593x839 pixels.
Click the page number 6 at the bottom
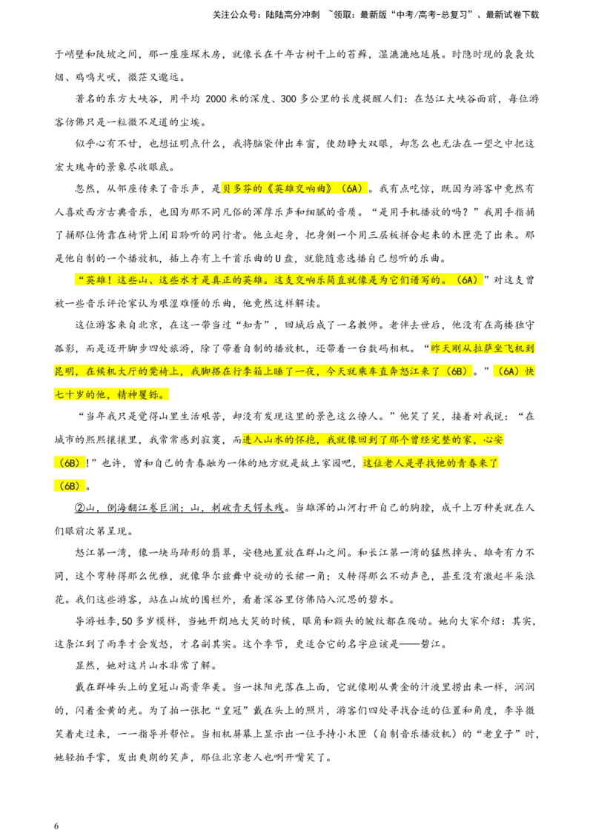coord(56,826)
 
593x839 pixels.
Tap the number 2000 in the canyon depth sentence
coord(217,99)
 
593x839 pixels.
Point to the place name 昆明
coord(64,371)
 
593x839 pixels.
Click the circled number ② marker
coord(80,508)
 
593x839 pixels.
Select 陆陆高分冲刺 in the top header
coord(292,15)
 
